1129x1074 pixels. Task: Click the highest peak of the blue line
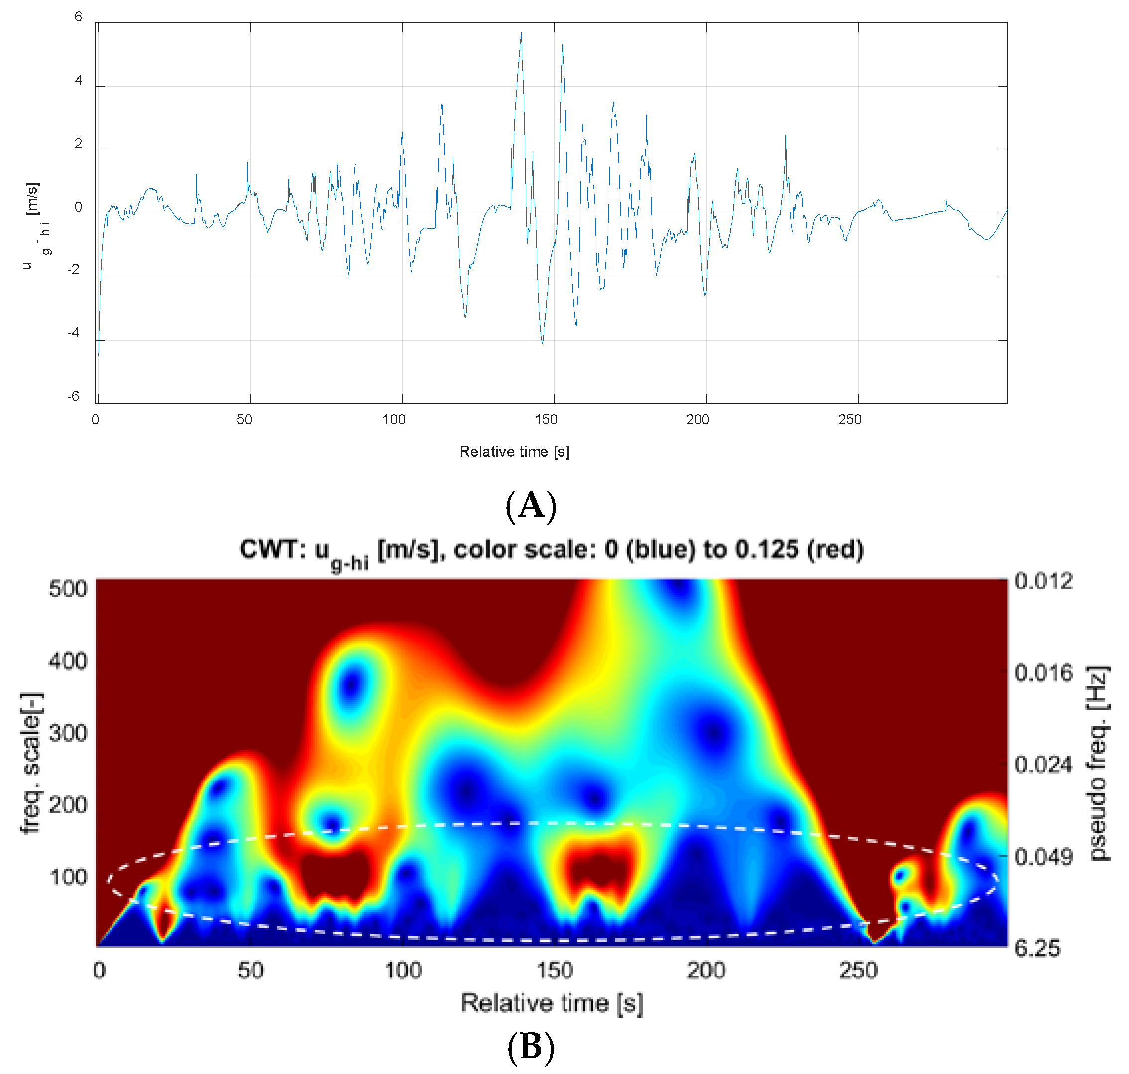(521, 33)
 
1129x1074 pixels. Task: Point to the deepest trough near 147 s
(543, 342)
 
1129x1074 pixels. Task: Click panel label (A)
(531, 506)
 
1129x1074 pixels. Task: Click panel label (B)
(531, 1047)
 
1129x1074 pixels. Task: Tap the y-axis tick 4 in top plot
(79, 80)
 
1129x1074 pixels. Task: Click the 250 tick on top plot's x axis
(849, 420)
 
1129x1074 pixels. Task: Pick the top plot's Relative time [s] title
(514, 452)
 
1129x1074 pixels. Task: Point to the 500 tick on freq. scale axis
(68, 589)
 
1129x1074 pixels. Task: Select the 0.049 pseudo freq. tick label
(1042, 857)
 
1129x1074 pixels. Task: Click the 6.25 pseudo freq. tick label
(1037, 949)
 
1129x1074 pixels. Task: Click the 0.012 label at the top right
(1043, 581)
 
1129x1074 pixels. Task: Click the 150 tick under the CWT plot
(555, 971)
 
